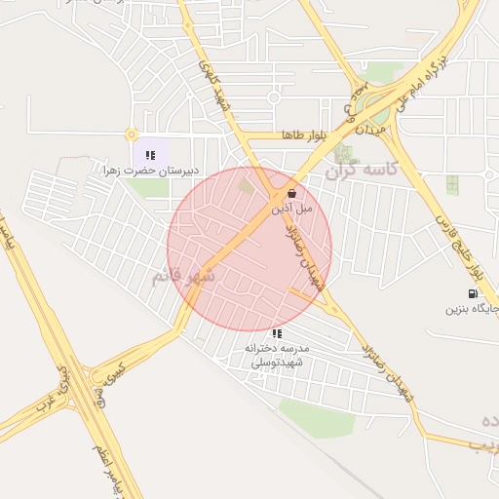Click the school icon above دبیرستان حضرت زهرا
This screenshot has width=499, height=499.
(x=151, y=154)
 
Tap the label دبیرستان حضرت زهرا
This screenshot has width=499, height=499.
(x=151, y=171)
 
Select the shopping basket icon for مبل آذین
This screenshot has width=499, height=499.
(x=291, y=194)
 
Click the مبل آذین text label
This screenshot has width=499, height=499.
(x=291, y=209)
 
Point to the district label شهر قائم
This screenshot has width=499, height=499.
(x=181, y=277)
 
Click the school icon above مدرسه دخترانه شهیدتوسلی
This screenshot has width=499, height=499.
(x=278, y=333)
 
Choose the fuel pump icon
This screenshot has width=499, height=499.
(x=473, y=293)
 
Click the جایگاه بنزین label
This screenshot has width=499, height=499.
(x=472, y=310)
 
